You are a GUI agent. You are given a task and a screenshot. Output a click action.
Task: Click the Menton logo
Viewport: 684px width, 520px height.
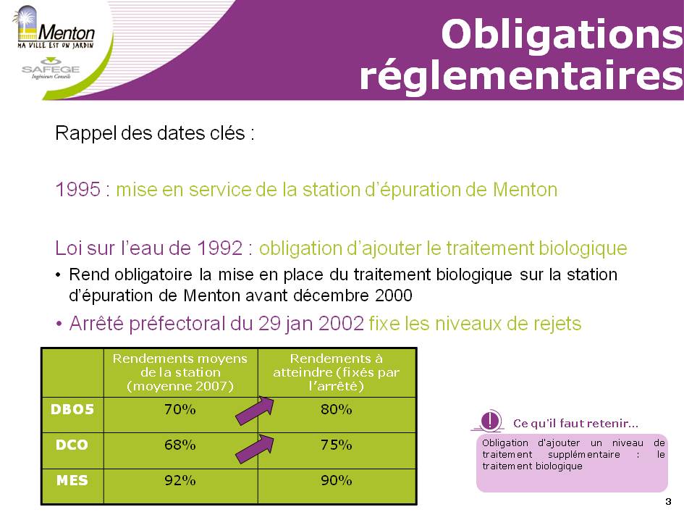pyautogui.click(x=55, y=28)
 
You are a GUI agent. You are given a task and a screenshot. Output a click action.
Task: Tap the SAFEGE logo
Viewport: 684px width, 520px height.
pyautogui.click(x=51, y=69)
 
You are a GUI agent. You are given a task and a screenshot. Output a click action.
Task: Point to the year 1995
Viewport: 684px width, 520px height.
pyautogui.click(x=77, y=190)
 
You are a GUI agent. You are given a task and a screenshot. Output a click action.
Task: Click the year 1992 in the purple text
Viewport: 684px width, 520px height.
pyautogui.click(x=220, y=248)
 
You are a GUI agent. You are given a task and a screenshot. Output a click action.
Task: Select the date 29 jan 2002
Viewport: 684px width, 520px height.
pyautogui.click(x=311, y=324)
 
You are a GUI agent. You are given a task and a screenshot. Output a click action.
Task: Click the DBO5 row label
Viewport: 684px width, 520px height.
pyautogui.click(x=72, y=409)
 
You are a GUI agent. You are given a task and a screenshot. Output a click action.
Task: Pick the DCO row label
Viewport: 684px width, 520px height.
pyautogui.click(x=72, y=445)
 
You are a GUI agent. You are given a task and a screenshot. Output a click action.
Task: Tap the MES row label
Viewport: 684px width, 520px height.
pyautogui.click(x=72, y=480)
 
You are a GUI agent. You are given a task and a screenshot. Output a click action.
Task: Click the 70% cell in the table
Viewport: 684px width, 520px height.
pyautogui.click(x=180, y=409)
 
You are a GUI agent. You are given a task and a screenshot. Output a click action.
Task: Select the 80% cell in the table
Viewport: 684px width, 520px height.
pyautogui.click(x=337, y=409)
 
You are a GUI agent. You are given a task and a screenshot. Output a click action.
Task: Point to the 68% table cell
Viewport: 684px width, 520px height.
pyautogui.click(x=180, y=445)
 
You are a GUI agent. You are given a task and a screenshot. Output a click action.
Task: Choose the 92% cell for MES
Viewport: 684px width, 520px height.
pyautogui.click(x=180, y=480)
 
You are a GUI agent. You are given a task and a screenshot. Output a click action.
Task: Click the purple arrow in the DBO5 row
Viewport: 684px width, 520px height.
pyautogui.click(x=255, y=411)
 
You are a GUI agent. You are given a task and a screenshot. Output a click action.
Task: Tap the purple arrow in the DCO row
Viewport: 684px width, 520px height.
pyautogui.click(x=255, y=449)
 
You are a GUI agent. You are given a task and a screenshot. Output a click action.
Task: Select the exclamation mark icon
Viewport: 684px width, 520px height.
pyautogui.click(x=490, y=420)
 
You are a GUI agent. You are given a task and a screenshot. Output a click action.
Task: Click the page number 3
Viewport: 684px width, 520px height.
pyautogui.click(x=668, y=502)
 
